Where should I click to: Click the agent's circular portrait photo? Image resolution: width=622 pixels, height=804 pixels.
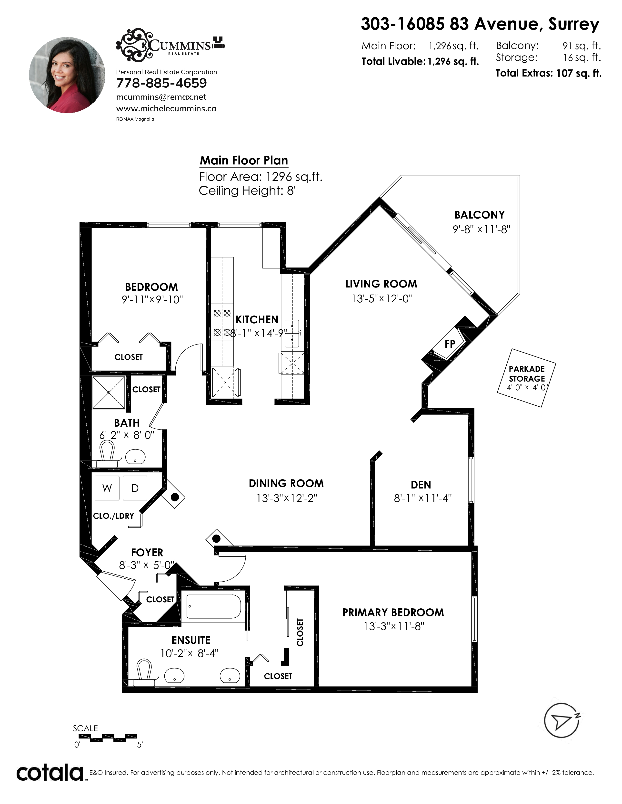[x=67, y=75]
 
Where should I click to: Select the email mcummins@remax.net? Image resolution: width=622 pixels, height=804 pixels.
[x=161, y=97]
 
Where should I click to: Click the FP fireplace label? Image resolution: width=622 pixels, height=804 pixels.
[x=450, y=344]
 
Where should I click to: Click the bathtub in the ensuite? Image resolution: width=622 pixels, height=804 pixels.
[x=214, y=606]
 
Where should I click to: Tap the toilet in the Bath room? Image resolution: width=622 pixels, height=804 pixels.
[x=107, y=454]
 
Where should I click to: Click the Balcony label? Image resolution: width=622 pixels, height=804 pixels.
[x=479, y=215]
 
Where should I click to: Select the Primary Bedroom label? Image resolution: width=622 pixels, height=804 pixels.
[x=393, y=612]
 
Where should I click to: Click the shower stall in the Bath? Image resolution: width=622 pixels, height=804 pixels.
[x=109, y=392]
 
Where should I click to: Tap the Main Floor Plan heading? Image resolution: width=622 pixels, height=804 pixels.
[x=244, y=161]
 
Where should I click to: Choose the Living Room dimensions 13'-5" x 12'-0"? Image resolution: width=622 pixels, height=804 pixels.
[x=381, y=298]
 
